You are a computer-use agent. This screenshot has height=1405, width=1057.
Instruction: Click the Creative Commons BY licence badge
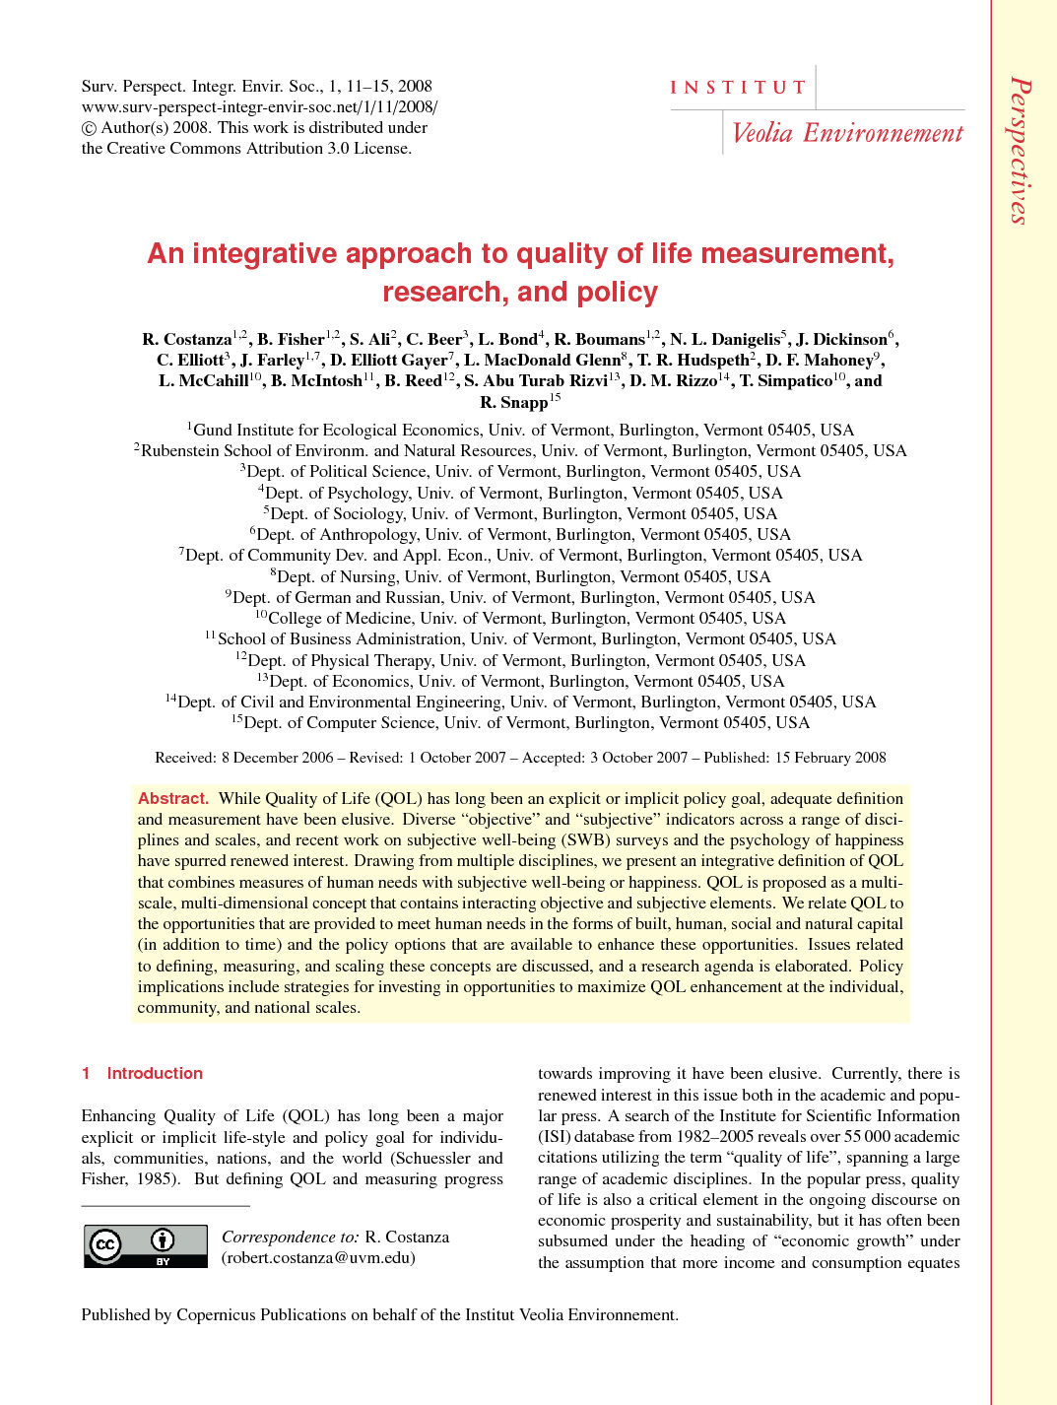click(145, 1245)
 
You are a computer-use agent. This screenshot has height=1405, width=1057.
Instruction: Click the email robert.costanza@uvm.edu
click(318, 1258)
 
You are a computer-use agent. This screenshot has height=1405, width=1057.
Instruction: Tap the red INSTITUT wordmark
click(738, 88)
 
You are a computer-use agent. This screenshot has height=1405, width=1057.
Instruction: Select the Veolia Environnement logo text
click(847, 133)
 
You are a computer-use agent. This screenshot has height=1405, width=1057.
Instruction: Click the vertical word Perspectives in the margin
click(1022, 151)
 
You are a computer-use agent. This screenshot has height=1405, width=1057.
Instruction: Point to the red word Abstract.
click(173, 799)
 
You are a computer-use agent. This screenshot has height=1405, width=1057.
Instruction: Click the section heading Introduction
click(155, 1074)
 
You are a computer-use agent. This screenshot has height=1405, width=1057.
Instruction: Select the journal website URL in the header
click(259, 107)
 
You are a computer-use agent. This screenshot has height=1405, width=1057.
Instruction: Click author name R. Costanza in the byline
click(187, 340)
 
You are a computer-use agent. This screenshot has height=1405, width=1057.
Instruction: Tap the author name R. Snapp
click(513, 403)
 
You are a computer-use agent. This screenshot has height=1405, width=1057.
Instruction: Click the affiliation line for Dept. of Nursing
click(520, 577)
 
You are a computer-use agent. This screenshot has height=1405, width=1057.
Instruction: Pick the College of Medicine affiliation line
click(520, 619)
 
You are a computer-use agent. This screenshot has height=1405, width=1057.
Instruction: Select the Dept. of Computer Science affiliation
click(520, 723)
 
